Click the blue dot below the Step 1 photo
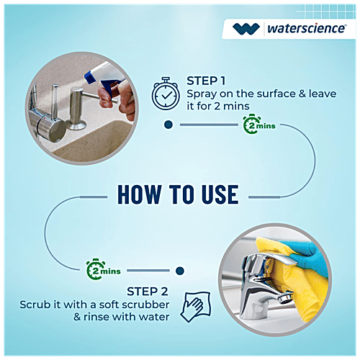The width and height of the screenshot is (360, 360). (x=168, y=125)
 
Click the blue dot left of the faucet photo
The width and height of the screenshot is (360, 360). (x=180, y=271)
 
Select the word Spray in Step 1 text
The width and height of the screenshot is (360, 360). (x=202, y=94)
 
